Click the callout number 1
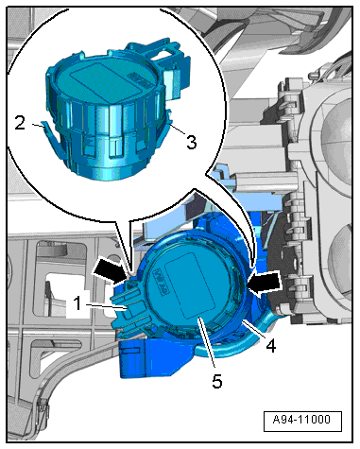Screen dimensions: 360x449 (77, 304)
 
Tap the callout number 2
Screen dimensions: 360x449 (20, 123)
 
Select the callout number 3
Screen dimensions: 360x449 (192, 142)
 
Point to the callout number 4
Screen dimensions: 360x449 (270, 346)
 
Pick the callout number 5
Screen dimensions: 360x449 (217, 381)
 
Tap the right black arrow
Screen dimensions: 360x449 (264, 284)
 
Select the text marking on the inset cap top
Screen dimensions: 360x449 (138, 80)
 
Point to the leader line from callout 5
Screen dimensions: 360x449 (207, 343)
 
